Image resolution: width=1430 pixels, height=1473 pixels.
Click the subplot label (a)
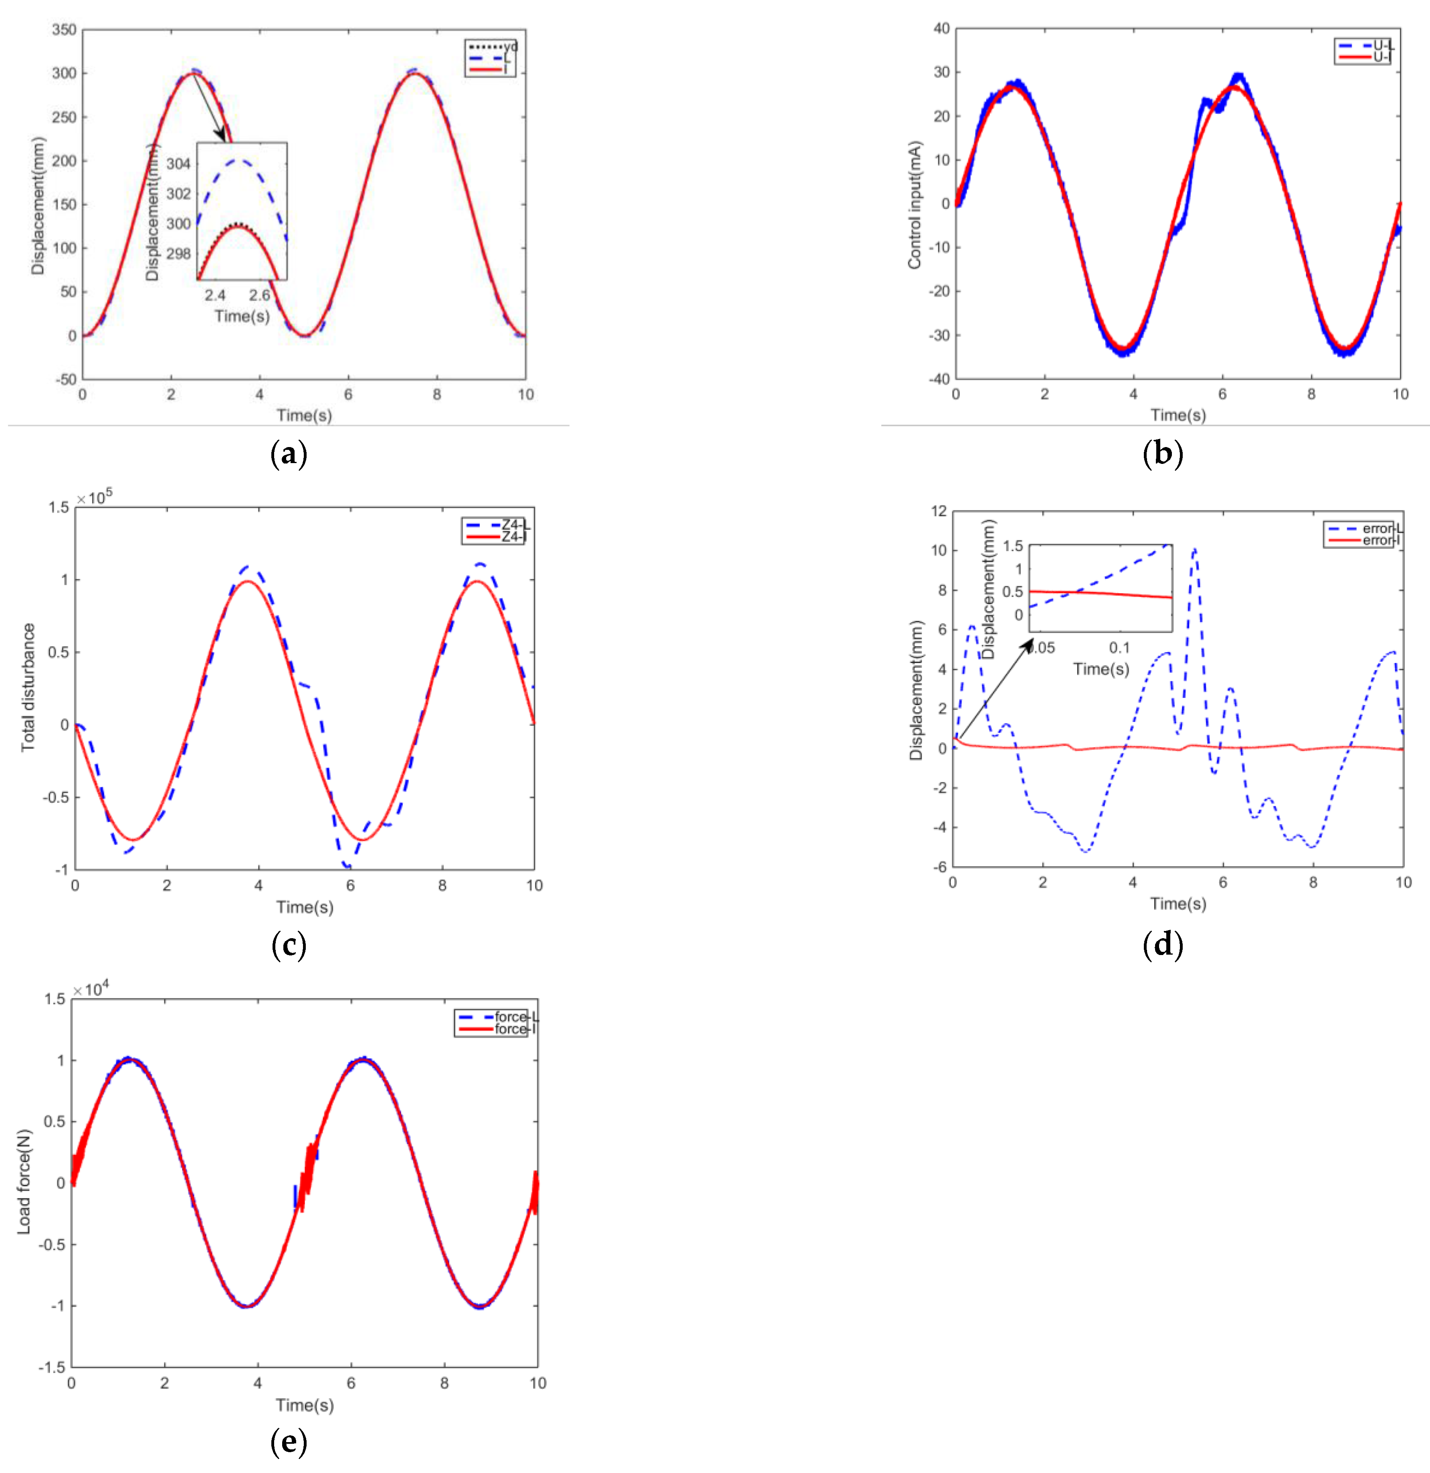tap(289, 454)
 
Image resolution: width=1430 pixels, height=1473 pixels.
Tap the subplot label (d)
tap(1162, 945)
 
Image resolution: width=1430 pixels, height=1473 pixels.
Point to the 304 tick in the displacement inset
tap(178, 164)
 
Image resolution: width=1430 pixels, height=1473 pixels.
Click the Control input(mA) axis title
tap(914, 204)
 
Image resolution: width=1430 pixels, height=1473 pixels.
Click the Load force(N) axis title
tap(24, 1181)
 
